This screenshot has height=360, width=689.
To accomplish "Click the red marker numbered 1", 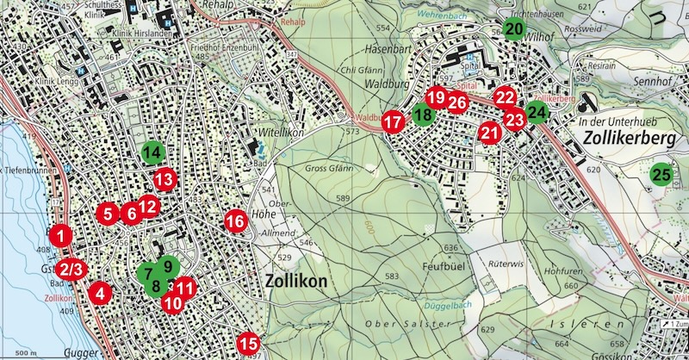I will tap(60, 234).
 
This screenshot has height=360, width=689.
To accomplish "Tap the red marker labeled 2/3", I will tap(72, 269).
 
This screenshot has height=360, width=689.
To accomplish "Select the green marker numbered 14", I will tap(152, 153).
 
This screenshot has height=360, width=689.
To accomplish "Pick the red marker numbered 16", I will tap(235, 221).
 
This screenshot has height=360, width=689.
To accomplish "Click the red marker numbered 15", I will tap(248, 344).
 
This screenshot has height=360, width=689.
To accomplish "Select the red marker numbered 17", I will tap(393, 122).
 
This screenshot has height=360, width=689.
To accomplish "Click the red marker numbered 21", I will tap(490, 133).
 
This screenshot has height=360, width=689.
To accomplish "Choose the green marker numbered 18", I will tap(422, 114).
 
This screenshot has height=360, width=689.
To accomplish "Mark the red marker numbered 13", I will tap(164, 180).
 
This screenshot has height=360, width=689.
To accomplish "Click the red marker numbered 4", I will tap(101, 292).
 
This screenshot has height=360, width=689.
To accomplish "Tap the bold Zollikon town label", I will tap(299, 281).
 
